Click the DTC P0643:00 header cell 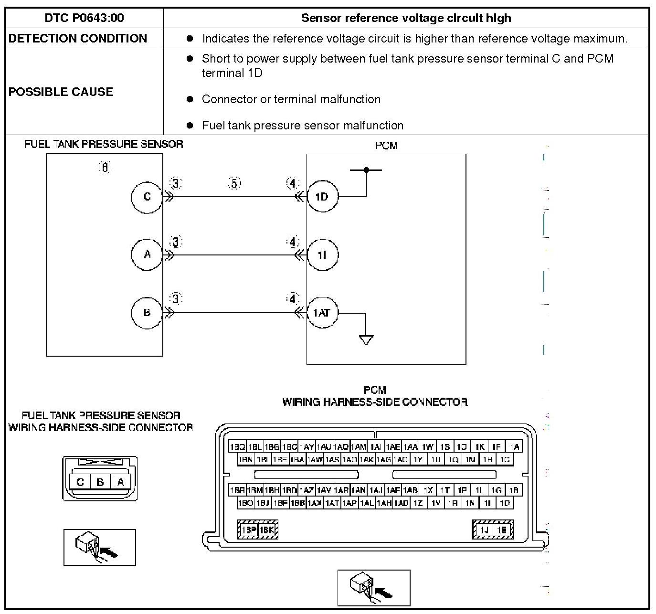[84, 18]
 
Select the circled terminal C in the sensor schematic [147, 197]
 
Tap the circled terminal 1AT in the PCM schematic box [322, 313]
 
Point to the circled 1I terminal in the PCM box [322, 255]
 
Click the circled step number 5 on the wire [235, 183]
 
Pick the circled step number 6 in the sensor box [104, 167]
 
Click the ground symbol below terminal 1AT [366, 339]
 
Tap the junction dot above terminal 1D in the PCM [366, 169]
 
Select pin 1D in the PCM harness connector [505, 503]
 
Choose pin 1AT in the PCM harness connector [332, 503]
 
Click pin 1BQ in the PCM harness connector [237, 447]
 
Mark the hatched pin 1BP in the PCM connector [248, 530]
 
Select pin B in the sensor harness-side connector [100, 482]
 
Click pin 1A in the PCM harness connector [514, 447]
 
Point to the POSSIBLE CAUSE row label [61, 92]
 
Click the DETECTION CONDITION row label [77, 39]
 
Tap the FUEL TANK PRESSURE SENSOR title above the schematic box [104, 144]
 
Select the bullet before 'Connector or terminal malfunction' [190, 99]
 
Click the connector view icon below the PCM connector [373, 588]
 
